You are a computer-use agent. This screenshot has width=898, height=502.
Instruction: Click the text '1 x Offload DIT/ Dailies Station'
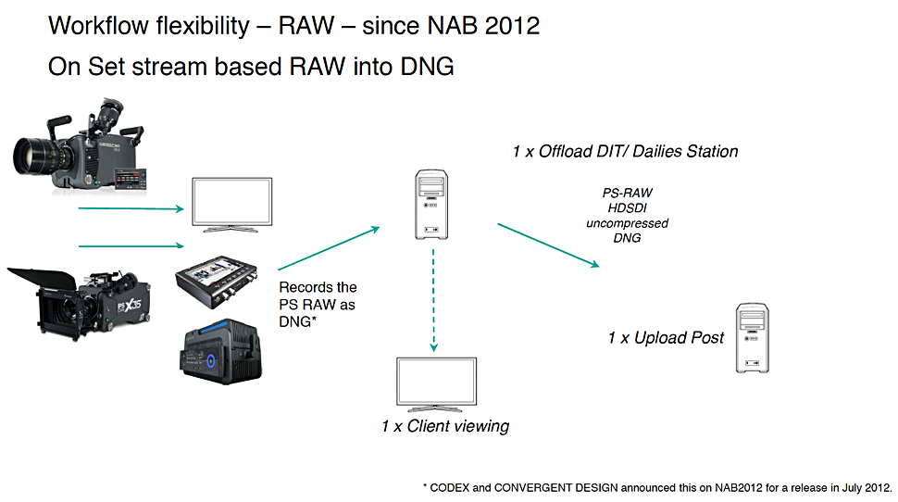tap(625, 151)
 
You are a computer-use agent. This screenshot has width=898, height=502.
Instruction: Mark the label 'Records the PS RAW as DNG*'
tap(318, 303)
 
